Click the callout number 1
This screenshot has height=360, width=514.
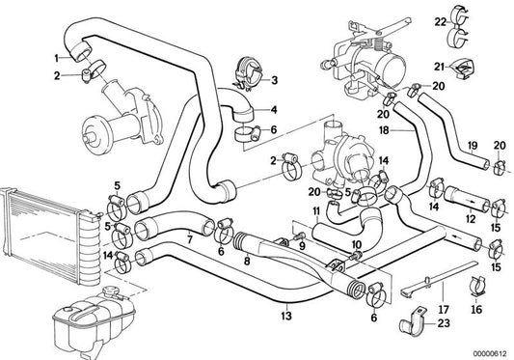pyautogui.click(x=56, y=59)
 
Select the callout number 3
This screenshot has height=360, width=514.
pyautogui.click(x=274, y=80)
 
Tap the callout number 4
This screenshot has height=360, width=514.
pyautogui.click(x=273, y=110)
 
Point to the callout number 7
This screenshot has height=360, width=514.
pyautogui.click(x=189, y=239)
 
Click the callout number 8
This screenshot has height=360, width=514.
pyautogui.click(x=247, y=261)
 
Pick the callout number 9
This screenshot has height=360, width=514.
pyautogui.click(x=302, y=245)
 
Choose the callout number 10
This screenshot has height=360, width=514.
pyautogui.click(x=356, y=244)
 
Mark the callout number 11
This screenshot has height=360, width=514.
pyautogui.click(x=316, y=211)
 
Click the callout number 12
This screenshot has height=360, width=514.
pyautogui.click(x=471, y=219)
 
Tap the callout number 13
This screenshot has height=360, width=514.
pyautogui.click(x=286, y=316)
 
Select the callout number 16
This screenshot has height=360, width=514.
pyautogui.click(x=476, y=309)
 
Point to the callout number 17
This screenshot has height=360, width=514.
pyautogui.click(x=444, y=309)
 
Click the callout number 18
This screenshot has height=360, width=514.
pyautogui.click(x=384, y=130)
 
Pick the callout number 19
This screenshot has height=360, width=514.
pyautogui.click(x=473, y=146)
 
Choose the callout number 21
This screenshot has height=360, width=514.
pyautogui.click(x=439, y=67)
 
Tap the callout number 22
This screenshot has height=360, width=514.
pyautogui.click(x=441, y=22)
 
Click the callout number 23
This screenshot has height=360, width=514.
pyautogui.click(x=444, y=323)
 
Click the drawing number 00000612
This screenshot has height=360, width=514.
pyautogui.click(x=490, y=354)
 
